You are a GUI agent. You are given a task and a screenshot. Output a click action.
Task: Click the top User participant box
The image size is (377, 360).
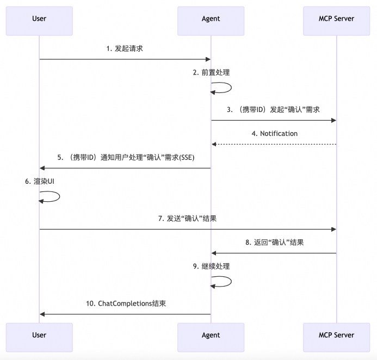39,18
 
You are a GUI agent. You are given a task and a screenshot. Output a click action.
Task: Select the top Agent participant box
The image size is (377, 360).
211,18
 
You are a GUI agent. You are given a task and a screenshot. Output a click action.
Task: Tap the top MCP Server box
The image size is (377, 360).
336,18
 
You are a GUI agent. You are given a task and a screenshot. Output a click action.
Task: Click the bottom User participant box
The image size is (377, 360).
39,335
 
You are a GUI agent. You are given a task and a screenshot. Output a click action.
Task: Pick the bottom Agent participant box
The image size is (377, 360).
211,335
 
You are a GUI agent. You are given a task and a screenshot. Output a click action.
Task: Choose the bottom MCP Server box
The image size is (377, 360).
336,335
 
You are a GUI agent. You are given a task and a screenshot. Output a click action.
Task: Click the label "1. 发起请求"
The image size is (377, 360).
125,48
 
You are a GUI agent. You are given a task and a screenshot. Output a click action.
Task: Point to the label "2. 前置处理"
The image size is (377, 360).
211,72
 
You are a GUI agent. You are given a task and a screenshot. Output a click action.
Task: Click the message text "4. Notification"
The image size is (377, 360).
274,133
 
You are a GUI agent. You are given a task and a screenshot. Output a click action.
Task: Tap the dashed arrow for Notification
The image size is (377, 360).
274,144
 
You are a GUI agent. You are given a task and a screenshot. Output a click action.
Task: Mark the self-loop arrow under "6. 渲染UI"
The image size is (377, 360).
54,197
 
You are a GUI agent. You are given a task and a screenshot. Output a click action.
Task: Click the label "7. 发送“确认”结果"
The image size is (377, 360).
188,218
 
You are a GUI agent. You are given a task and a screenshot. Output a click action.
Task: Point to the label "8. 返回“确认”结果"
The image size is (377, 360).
274,242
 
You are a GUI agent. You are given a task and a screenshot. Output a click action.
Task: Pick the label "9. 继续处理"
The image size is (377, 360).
211,266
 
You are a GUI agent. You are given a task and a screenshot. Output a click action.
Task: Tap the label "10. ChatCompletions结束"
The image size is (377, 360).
125,303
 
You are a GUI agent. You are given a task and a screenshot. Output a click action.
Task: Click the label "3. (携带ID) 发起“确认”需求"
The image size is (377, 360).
274,109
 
